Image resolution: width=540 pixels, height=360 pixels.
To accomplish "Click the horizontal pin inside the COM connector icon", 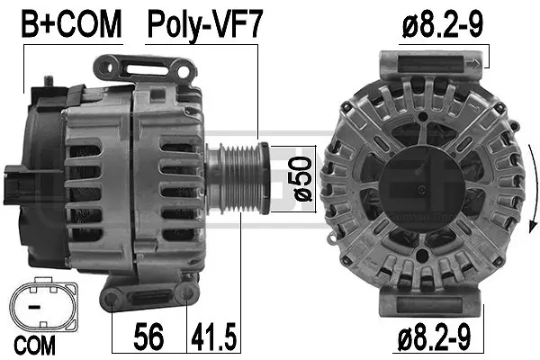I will [35, 307].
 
